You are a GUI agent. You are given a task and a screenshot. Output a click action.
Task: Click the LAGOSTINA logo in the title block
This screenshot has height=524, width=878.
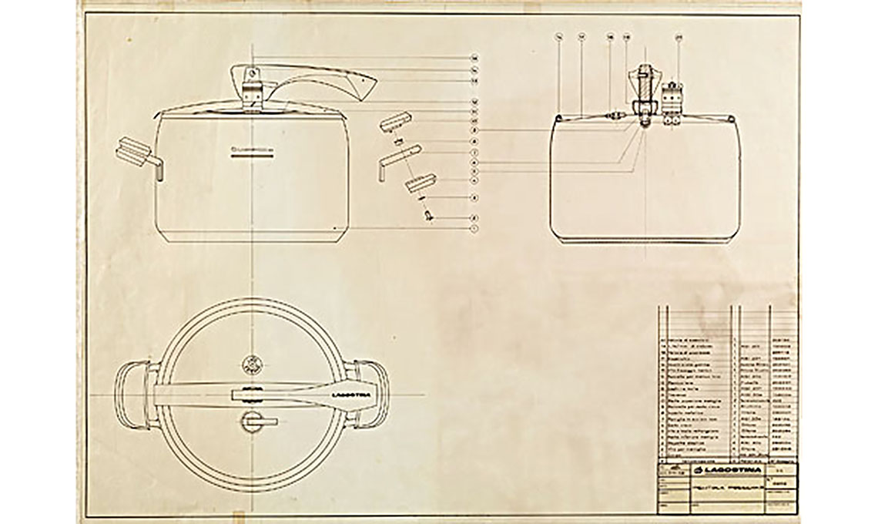(728, 471)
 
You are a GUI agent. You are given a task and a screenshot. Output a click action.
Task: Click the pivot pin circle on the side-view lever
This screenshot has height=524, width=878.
(252, 76)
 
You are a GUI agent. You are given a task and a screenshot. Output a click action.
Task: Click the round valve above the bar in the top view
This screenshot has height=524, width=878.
(252, 364)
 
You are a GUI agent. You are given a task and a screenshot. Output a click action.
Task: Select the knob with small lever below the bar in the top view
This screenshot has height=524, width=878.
(253, 421)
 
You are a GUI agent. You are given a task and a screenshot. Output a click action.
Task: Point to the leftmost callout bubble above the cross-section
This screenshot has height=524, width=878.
(559, 36)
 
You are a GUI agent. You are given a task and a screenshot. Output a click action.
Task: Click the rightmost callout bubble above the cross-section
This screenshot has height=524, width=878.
(679, 36)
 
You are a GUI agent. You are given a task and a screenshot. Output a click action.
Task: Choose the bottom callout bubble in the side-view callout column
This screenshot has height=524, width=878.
(475, 228)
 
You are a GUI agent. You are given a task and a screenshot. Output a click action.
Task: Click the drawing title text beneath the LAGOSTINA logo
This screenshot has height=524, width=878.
(727, 488)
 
